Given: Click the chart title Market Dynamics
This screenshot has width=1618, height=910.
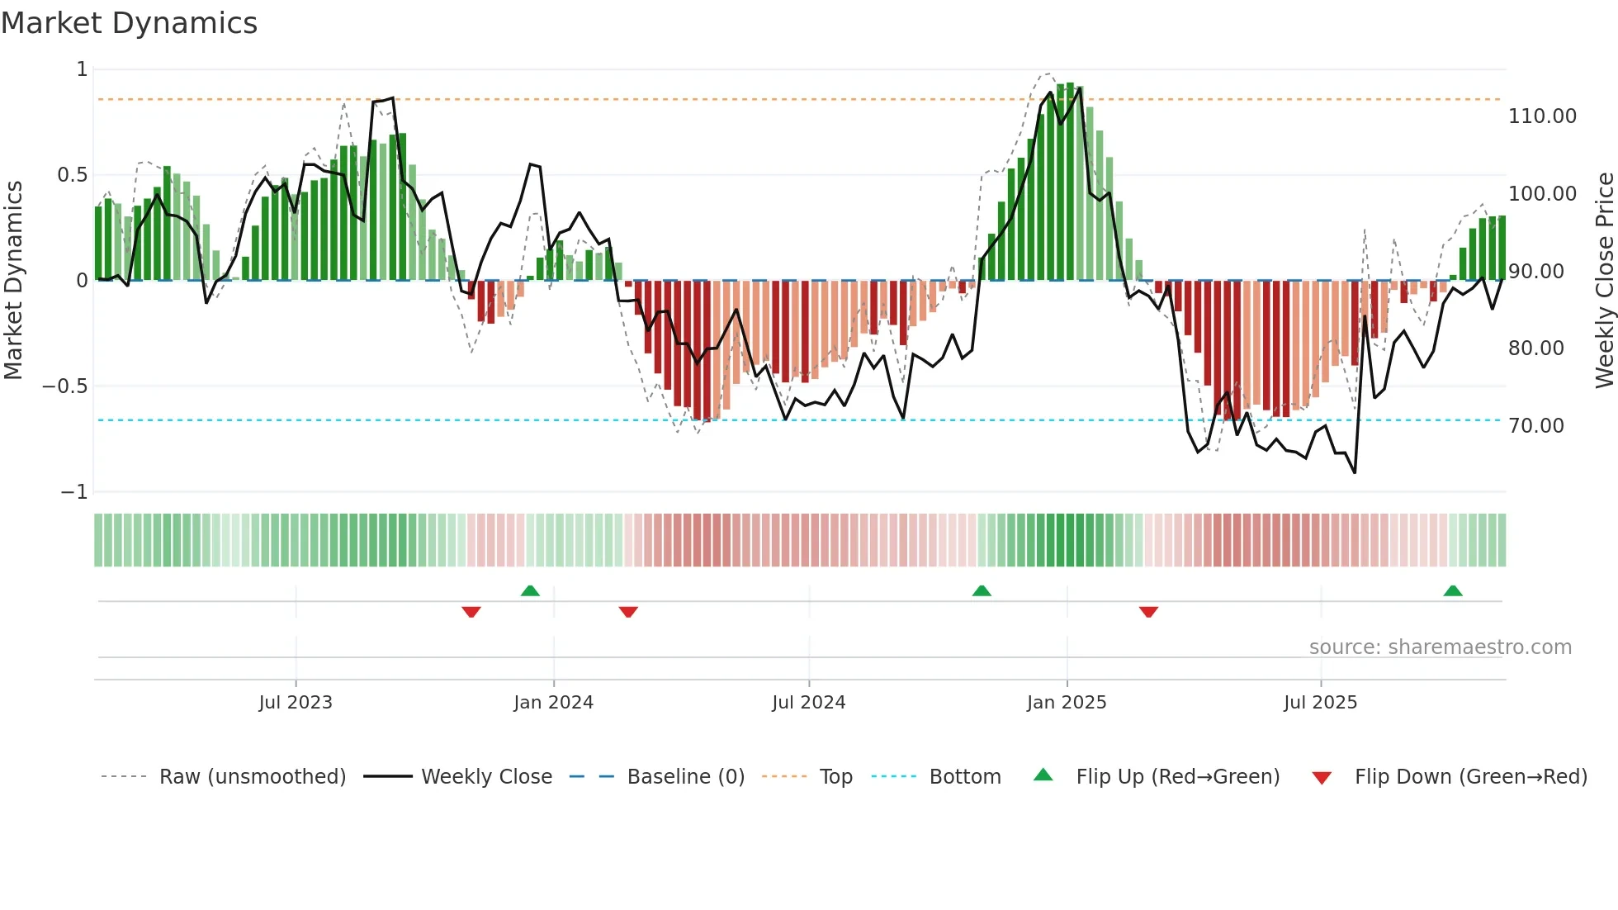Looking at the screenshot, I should pyautogui.click(x=129, y=23).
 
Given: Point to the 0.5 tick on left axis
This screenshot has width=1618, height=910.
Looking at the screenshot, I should pyautogui.click(x=72, y=175).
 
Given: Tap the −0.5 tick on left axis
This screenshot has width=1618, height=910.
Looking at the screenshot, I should pyautogui.click(x=64, y=386).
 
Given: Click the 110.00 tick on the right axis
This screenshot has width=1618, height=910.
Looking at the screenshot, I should pyautogui.click(x=1542, y=116).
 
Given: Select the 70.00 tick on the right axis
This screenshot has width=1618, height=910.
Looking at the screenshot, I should pyautogui.click(x=1535, y=426).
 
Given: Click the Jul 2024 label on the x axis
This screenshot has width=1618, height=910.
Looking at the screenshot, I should pyautogui.click(x=808, y=703).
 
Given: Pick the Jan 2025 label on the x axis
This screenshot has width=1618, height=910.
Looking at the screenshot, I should pyautogui.click(x=1066, y=703).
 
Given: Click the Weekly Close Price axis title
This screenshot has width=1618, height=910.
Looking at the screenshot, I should pyautogui.click(x=1604, y=281).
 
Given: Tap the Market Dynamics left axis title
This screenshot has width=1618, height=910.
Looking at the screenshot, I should pyautogui.click(x=13, y=281).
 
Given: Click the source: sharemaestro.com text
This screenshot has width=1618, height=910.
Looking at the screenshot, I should pyautogui.click(x=1440, y=647).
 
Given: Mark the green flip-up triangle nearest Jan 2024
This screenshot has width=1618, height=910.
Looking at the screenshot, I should pyautogui.click(x=530, y=591).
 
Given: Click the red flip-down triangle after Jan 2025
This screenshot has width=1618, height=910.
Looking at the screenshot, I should pyautogui.click(x=1148, y=612).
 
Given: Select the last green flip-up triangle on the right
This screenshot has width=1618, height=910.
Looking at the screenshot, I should pyautogui.click(x=1452, y=591).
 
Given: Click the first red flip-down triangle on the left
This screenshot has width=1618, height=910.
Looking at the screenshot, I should pyautogui.click(x=471, y=612).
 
